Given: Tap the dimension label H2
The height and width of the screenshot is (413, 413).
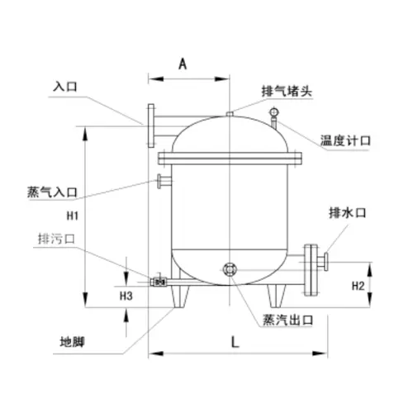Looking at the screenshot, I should point(358,286).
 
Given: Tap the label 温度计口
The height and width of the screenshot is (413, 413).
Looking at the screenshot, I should point(345,140).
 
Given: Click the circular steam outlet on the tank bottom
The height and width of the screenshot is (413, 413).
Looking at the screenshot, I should point(230,268).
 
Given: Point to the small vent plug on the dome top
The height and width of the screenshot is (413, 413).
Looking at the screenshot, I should point(229,114).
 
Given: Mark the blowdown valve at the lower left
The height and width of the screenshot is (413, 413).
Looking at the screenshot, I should point(156,281).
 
